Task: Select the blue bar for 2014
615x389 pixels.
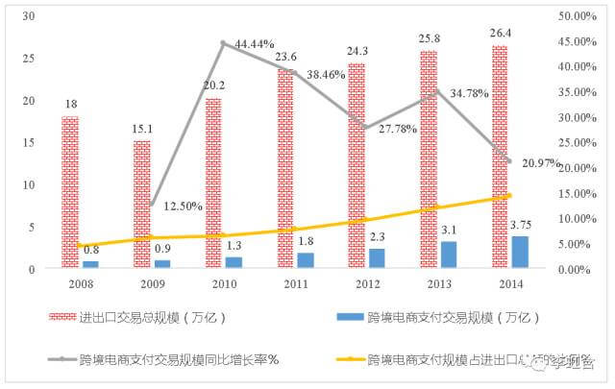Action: coord(520,252)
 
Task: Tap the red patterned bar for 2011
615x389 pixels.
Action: coord(285,168)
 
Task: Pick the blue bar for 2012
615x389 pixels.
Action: coord(377,258)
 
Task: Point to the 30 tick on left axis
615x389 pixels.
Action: coord(28,16)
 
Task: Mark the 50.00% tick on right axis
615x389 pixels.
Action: coord(577,16)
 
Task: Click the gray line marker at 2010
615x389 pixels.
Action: coord(223,43)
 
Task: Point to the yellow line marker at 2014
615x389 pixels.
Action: coord(508,196)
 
